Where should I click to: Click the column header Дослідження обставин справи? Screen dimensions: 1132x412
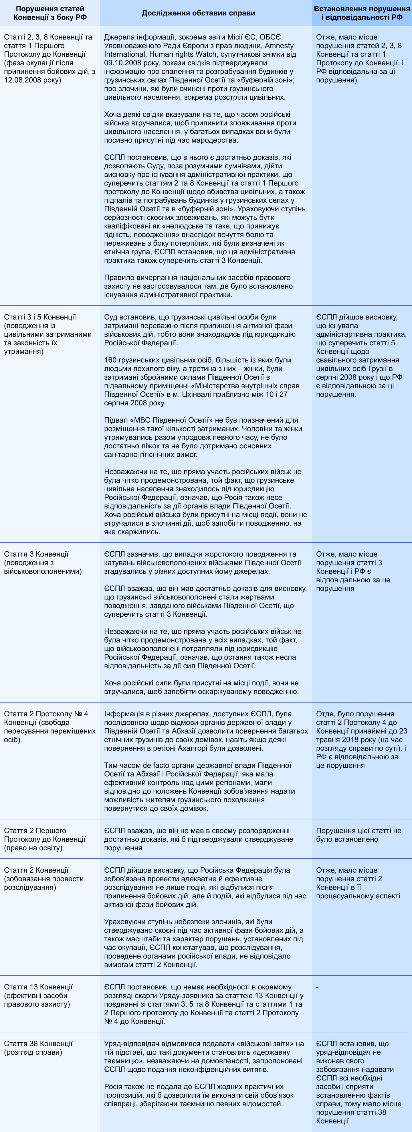(198, 13)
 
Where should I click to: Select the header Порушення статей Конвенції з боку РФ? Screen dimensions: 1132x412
(49, 13)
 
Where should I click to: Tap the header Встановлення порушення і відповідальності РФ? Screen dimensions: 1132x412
(361, 13)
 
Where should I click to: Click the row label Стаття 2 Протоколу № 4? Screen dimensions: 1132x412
(46, 714)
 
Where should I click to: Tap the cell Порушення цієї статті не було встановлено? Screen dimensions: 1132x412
(358, 835)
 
